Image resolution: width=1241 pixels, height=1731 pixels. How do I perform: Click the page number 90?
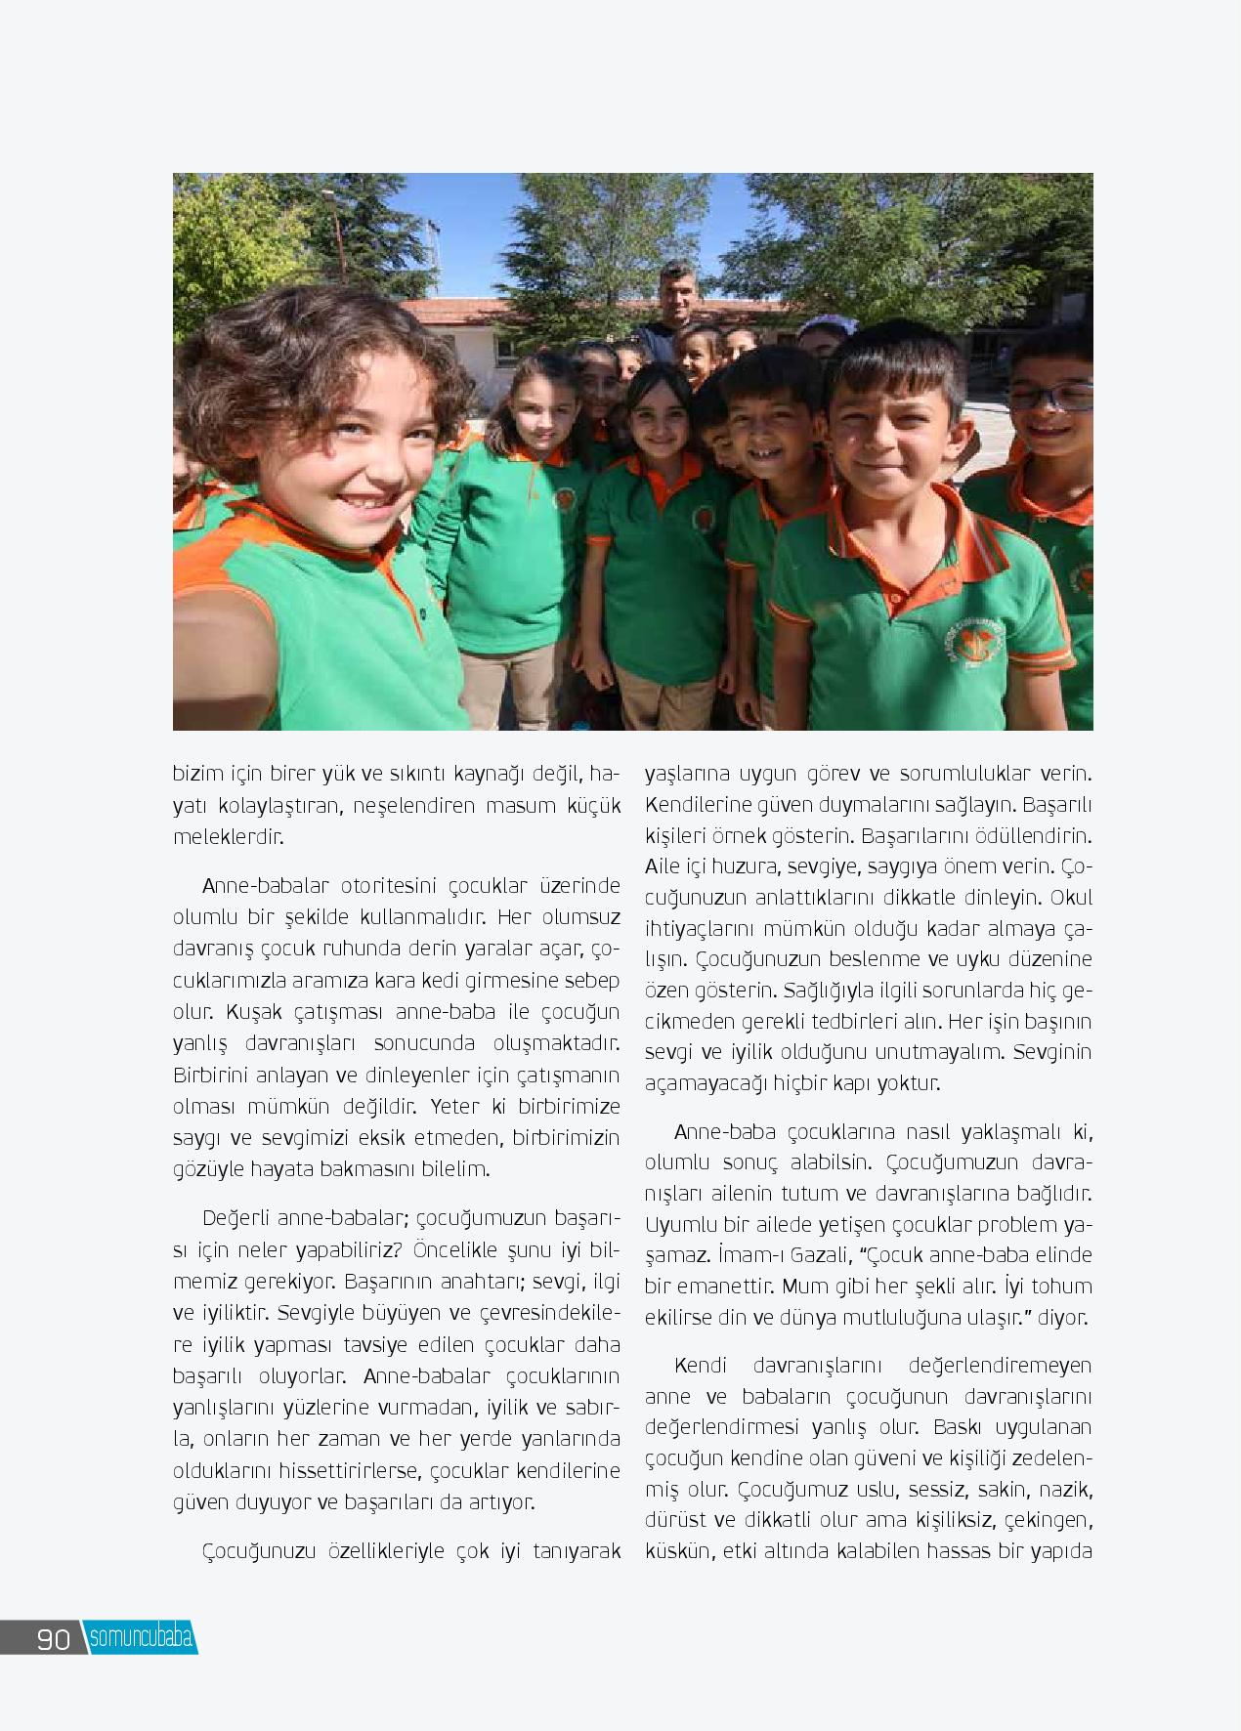[x=54, y=1638]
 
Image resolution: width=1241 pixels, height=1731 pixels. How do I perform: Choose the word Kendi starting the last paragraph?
[x=702, y=1365]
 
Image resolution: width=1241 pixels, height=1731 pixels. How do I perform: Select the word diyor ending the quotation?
[x=1062, y=1317]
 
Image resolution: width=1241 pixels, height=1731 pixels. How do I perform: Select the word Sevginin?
[x=1051, y=1052]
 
